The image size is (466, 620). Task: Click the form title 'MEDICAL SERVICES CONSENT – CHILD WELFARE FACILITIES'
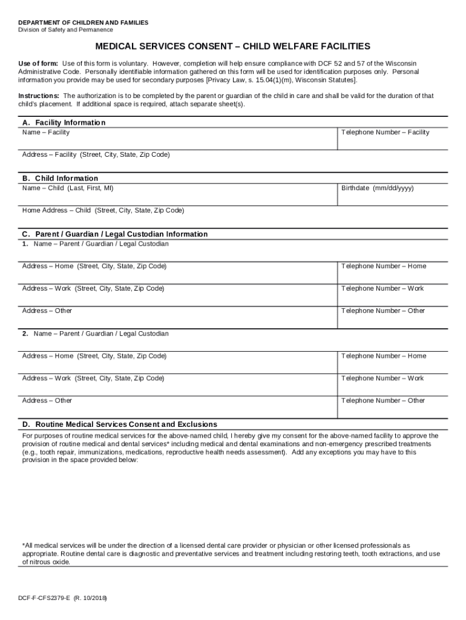(x=232, y=47)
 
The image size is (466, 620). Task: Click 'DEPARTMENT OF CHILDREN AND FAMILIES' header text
(x=83, y=22)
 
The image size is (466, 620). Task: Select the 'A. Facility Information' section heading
(x=64, y=122)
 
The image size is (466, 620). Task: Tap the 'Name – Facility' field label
(x=46, y=132)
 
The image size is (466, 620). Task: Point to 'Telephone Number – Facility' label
(x=385, y=132)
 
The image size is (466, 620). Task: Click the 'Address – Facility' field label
(x=96, y=154)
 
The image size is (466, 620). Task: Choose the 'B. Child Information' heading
(x=60, y=178)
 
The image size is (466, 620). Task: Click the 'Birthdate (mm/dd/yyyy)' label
(x=377, y=188)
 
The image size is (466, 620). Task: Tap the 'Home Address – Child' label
(x=103, y=210)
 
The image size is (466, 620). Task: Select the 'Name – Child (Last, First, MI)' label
(x=68, y=188)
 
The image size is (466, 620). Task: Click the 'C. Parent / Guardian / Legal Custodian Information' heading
(x=115, y=234)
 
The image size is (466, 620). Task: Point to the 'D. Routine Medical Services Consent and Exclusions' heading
(x=120, y=424)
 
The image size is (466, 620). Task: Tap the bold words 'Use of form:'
(x=38, y=64)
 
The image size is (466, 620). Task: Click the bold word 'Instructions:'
(x=39, y=96)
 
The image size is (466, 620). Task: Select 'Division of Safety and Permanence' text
(x=65, y=30)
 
